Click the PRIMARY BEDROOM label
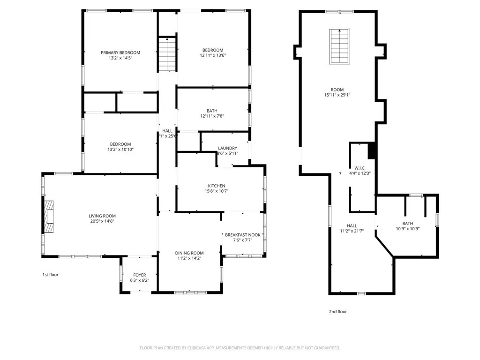click(x=120, y=52)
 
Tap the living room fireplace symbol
click(x=49, y=216)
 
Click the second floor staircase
click(x=339, y=46)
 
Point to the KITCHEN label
click(x=217, y=186)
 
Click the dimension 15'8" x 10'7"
click(x=217, y=191)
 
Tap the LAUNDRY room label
click(x=227, y=148)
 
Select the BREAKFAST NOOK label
click(x=242, y=235)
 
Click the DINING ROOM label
click(x=190, y=253)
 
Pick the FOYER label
click(x=139, y=275)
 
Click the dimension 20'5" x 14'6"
click(x=102, y=221)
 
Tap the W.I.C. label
click(x=360, y=167)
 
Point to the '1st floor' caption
click(x=50, y=275)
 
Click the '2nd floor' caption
click(x=338, y=311)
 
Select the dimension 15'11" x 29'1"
click(x=337, y=95)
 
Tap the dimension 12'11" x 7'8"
click(x=212, y=116)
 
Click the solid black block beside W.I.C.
click(x=372, y=150)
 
